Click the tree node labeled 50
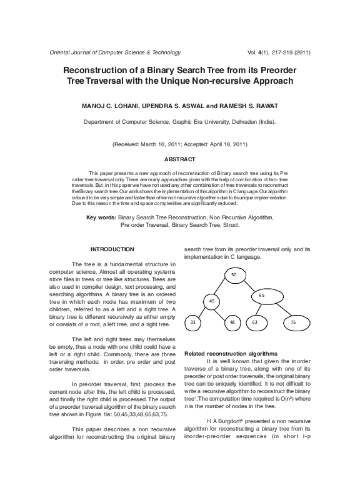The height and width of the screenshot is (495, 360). (233, 275)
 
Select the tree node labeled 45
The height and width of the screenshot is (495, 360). (212, 301)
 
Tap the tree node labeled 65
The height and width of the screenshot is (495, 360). (261, 294)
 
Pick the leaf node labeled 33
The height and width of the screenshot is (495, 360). (192, 322)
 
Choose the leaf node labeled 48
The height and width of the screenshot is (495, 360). (232, 322)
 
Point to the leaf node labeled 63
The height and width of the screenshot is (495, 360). (255, 322)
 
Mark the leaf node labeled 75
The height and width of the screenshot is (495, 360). (293, 322)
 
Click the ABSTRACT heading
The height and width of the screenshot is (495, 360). (179, 159)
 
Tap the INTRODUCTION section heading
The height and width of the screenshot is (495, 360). (112, 249)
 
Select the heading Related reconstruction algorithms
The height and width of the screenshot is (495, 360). (231, 354)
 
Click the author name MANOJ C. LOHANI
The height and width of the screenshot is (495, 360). (104, 106)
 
